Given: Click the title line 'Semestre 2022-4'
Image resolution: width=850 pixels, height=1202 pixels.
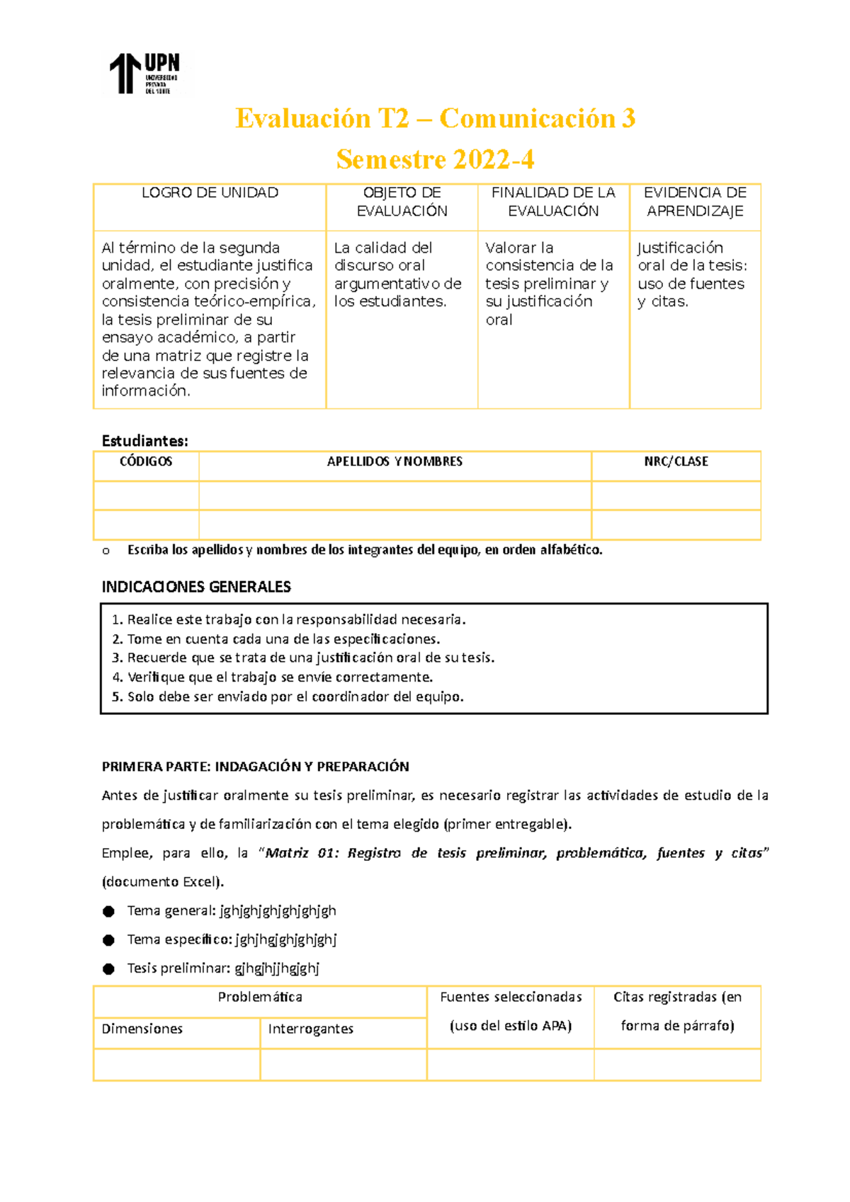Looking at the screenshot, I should coord(435,159).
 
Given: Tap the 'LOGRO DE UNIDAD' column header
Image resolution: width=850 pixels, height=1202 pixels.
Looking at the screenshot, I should coord(210,193).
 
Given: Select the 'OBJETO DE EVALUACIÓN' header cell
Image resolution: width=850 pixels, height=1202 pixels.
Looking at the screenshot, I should coord(402,202).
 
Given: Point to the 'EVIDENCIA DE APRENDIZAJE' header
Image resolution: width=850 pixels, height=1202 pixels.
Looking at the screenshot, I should coord(695,202).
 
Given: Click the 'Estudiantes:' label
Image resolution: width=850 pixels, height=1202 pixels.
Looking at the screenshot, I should coord(145,441).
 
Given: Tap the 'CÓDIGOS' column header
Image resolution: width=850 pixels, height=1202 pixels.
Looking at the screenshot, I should coord(146,462).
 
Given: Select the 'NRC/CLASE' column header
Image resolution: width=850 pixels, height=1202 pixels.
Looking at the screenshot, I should coord(676,462).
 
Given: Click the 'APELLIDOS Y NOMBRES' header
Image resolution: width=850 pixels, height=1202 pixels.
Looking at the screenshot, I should coord(395,462).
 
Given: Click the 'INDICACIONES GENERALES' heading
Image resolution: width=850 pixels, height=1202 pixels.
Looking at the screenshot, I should coord(196,587).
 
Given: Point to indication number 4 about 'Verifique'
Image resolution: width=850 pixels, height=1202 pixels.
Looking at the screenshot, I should coord(273,677).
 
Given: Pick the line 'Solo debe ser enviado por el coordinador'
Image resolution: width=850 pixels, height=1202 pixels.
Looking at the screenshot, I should coord(288,697).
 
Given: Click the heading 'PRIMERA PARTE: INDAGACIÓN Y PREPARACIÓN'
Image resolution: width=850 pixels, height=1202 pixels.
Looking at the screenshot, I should coord(255,767).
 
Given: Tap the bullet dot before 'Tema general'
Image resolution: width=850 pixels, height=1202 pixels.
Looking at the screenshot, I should coord(108,912).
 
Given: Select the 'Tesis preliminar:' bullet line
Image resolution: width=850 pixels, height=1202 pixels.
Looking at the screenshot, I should coord(223,968).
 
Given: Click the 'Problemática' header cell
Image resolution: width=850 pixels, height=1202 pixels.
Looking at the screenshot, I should coord(259,997).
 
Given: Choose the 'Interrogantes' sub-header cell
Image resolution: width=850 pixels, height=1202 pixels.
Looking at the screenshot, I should coord(310,1029).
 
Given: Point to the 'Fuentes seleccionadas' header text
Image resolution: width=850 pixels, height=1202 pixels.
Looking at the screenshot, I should coord(511,997).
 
